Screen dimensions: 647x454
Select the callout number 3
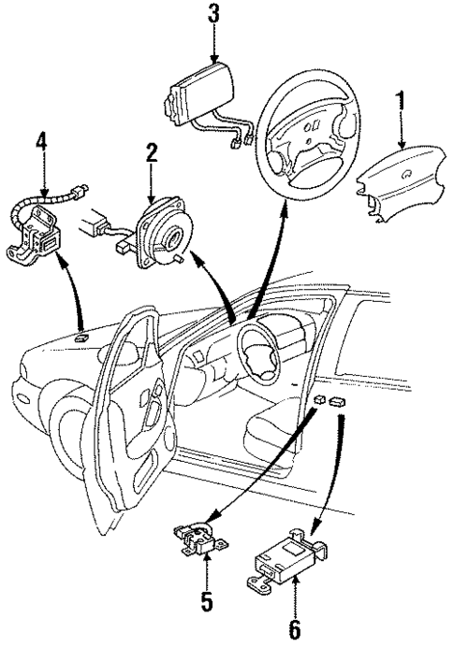point(213,14)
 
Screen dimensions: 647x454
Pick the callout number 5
point(207,595)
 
